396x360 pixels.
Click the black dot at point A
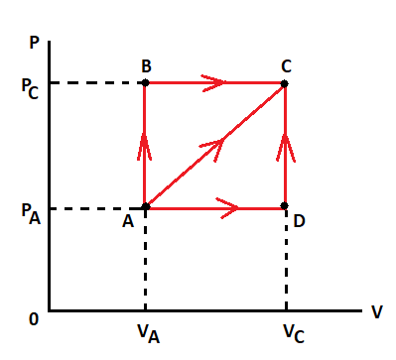[x=145, y=206]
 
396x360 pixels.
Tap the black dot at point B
[x=145, y=83]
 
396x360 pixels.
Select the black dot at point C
[x=285, y=83]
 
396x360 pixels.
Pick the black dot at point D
[x=285, y=206]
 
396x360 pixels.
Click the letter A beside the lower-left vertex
[x=128, y=221]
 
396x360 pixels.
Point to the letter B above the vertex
[x=146, y=65]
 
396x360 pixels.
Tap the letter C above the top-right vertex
[x=286, y=65]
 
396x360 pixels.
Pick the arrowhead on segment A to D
[x=226, y=207]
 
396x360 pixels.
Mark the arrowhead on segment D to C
[x=285, y=149]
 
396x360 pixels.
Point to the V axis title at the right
[x=377, y=311]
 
